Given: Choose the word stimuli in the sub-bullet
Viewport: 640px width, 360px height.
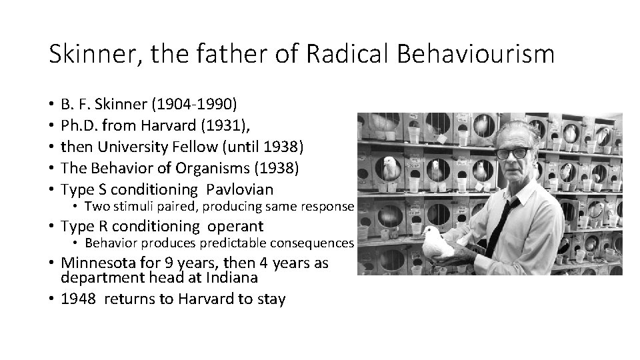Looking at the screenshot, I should click(x=133, y=207).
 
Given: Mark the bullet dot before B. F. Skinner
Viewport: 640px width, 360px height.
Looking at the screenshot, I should click(x=51, y=105).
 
